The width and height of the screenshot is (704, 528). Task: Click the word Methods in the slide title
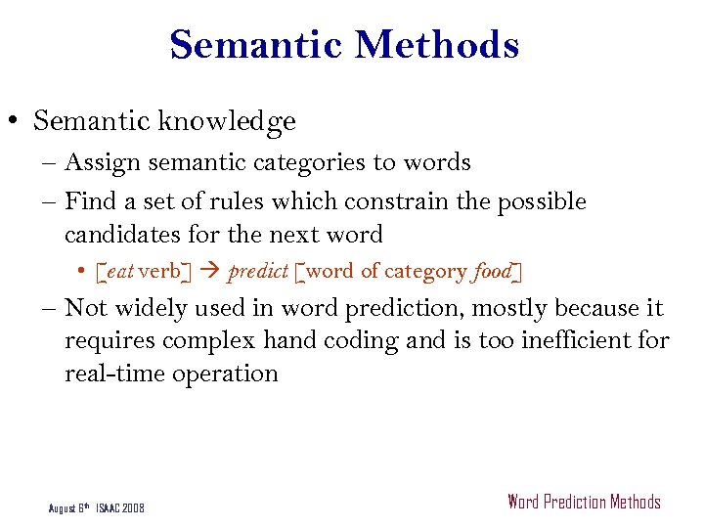coord(436,46)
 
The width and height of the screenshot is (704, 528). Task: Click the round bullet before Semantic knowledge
coord(17,122)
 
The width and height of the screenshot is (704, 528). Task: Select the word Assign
coord(102,162)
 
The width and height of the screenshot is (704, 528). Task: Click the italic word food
coord(492,271)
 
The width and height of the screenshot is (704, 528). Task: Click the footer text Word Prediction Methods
coord(584,503)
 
